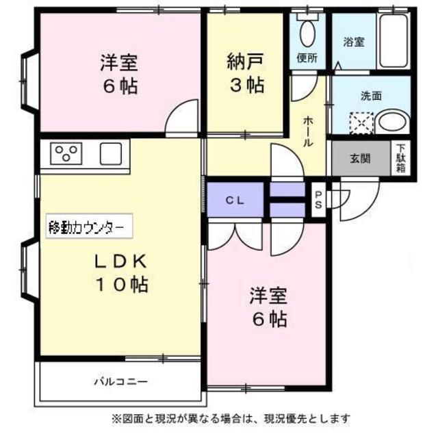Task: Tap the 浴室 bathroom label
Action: click(354, 42)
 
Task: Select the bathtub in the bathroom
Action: click(392, 40)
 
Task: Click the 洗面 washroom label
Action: click(372, 96)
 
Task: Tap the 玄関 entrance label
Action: click(360, 159)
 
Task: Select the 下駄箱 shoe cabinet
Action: click(400, 159)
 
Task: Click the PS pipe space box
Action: click(319, 200)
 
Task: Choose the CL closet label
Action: click(236, 201)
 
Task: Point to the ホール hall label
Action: click(307, 130)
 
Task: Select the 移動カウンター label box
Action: click(86, 226)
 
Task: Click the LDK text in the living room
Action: click(122, 261)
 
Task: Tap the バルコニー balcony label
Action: click(120, 381)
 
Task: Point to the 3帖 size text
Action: click(246, 86)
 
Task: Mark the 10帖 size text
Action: click(122, 285)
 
